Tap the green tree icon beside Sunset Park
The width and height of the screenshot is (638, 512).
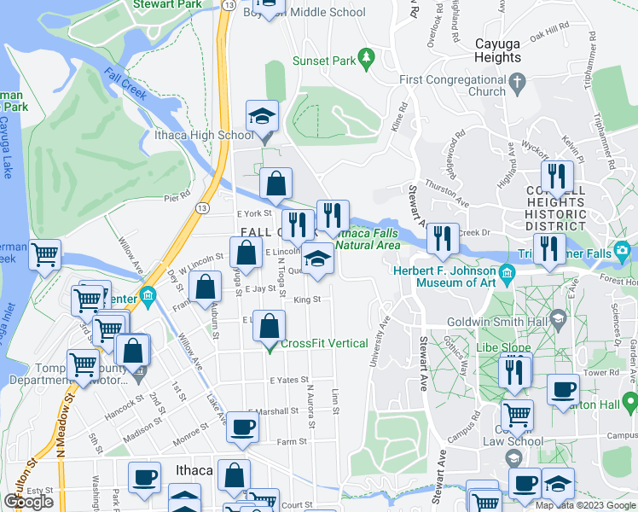tap(367, 58)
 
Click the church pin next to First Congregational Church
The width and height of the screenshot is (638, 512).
tap(518, 84)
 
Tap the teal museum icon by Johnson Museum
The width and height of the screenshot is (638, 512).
tap(508, 273)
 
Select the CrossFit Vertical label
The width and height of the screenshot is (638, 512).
tap(324, 344)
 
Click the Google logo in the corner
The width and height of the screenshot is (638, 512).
tap(29, 502)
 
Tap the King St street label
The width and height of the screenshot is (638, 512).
tap(306, 300)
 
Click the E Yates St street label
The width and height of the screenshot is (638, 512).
tap(287, 380)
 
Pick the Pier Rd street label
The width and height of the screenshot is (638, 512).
tap(177, 197)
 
